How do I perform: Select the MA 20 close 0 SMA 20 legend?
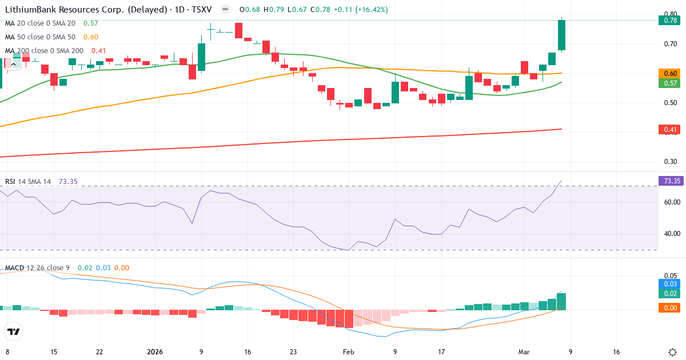click(x=40, y=23)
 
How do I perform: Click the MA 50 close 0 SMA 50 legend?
click(x=40, y=37)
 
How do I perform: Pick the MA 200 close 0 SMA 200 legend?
click(x=44, y=51)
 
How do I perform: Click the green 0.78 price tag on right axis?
click(x=670, y=21)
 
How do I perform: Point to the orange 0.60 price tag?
click(x=670, y=74)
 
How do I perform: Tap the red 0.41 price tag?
click(x=670, y=130)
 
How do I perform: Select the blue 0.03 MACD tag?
click(x=670, y=284)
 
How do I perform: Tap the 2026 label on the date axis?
click(x=155, y=352)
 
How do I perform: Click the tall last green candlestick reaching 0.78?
click(x=561, y=35)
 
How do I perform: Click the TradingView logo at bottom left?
click(x=14, y=331)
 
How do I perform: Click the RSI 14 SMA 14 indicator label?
click(x=28, y=182)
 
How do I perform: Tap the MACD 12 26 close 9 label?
click(x=38, y=268)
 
